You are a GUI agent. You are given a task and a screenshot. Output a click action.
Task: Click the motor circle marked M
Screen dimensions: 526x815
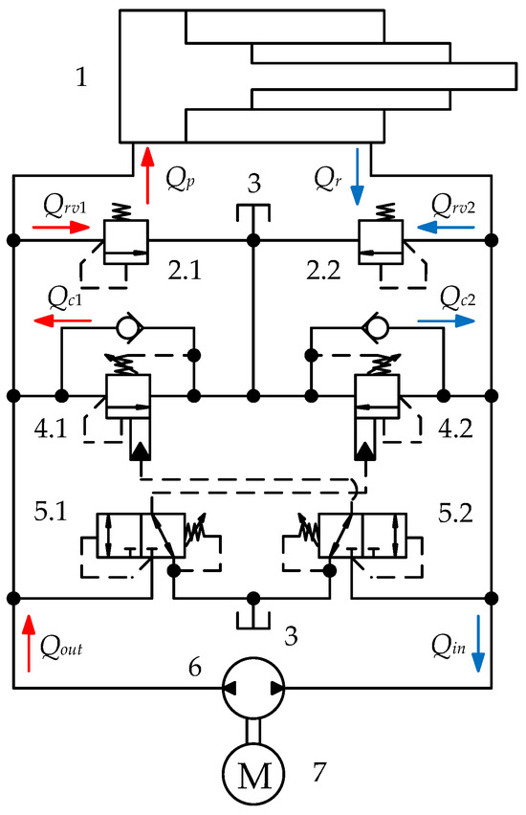tap(253, 775)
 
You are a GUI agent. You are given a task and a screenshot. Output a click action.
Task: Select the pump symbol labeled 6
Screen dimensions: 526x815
tap(253, 688)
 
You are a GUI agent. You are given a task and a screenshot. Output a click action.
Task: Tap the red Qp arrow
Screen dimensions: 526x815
tap(148, 175)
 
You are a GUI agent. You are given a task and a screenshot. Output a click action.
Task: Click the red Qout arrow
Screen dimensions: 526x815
tap(29, 643)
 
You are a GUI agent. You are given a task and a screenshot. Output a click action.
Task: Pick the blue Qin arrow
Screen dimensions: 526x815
tap(477, 644)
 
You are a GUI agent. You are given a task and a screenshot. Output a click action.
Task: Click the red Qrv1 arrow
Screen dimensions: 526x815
tap(61, 227)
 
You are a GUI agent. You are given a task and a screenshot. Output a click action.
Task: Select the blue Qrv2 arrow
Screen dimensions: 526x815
tap(446, 227)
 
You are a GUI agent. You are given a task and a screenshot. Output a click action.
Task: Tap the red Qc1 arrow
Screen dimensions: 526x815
tap(63, 320)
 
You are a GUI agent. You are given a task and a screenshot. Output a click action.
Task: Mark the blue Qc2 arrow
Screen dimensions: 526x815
tap(446, 321)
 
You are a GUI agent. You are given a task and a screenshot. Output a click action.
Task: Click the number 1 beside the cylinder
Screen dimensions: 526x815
tap(81, 77)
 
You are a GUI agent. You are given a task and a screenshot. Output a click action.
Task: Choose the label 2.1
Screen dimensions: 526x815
tap(185, 271)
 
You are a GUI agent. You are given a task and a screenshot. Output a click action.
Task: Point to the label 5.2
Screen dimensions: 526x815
tap(455, 513)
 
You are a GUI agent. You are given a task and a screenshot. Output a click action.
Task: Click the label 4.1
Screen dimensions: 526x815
tap(51, 429)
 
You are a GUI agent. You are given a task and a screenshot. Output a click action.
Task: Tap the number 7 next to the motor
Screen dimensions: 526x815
tap(319, 771)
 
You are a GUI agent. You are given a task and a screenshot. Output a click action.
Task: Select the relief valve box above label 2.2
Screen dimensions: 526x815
tap(381, 242)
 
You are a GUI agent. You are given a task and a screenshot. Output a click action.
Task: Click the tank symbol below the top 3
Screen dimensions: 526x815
tap(253, 213)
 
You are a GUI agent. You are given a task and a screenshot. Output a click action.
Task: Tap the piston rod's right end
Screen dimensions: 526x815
tap(516, 76)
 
